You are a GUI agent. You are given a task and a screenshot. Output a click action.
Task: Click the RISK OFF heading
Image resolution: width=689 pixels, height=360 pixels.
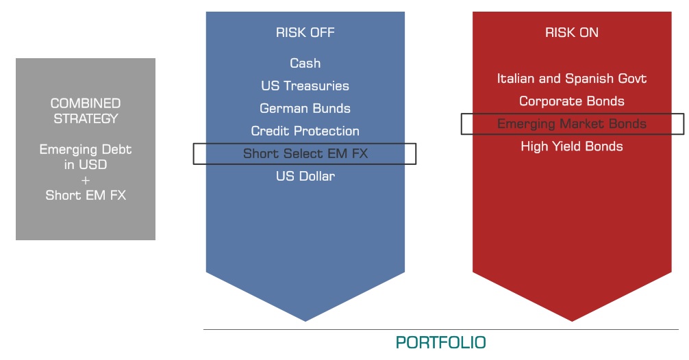(305, 32)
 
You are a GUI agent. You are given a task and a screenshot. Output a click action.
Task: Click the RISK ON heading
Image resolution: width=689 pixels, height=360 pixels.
(572, 32)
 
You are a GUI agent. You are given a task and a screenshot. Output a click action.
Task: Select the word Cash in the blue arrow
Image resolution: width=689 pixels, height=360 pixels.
(305, 63)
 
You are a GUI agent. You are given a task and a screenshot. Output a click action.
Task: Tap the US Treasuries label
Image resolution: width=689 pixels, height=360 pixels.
(305, 86)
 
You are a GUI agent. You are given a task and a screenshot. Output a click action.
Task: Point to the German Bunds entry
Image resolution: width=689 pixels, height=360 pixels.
(305, 108)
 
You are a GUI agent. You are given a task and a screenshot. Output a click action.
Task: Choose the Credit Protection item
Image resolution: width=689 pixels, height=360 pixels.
(305, 131)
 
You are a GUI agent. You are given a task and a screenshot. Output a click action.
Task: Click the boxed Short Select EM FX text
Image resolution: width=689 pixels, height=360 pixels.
(305, 154)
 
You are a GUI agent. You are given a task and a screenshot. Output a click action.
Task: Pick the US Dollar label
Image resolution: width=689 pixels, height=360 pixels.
(305, 176)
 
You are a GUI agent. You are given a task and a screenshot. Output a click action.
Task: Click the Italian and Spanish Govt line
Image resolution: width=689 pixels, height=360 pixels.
(572, 79)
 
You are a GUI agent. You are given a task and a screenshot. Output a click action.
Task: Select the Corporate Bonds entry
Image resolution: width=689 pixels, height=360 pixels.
(572, 101)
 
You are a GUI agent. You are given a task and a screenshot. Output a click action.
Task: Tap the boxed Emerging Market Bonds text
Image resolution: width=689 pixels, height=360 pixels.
(572, 124)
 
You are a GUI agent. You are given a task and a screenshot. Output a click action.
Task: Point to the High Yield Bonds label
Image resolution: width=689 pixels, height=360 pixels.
(572, 146)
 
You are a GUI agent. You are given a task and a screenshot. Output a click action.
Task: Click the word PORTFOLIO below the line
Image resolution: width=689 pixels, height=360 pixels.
(441, 342)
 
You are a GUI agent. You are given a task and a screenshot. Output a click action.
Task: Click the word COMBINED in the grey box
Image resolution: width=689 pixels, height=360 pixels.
(86, 103)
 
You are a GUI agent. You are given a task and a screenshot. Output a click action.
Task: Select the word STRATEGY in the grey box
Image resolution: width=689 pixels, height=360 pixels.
(86, 118)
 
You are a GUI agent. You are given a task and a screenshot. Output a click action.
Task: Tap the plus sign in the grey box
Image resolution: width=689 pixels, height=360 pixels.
(86, 180)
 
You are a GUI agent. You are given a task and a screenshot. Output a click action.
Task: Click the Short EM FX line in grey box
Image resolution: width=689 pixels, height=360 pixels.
(86, 195)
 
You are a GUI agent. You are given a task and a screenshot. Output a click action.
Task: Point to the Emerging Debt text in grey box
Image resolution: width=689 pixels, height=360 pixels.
(86, 150)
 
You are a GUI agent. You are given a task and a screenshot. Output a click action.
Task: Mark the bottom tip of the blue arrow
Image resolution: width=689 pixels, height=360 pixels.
(305, 322)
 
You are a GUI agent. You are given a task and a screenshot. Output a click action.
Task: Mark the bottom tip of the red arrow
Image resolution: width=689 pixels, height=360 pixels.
(572, 322)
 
